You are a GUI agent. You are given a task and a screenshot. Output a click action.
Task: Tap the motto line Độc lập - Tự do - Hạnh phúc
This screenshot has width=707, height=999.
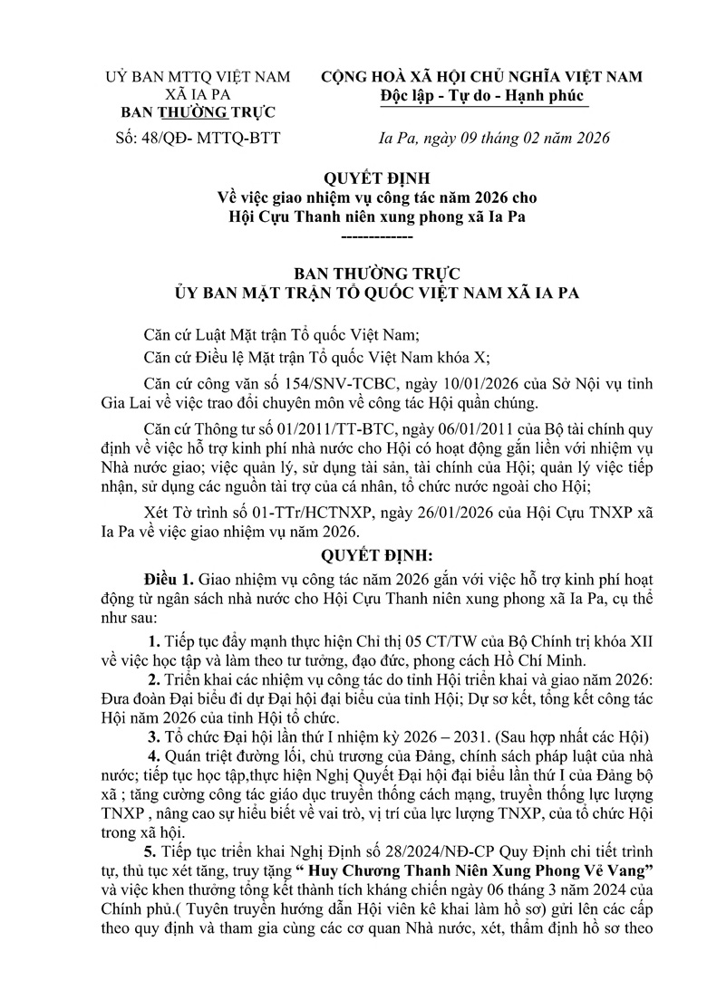pyautogui.click(x=482, y=97)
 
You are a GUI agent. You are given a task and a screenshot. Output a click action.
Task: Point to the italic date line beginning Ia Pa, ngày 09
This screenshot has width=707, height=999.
pyautogui.click(x=493, y=139)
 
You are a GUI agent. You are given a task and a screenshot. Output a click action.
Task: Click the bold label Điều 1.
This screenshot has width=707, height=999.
pyautogui.click(x=169, y=578)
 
